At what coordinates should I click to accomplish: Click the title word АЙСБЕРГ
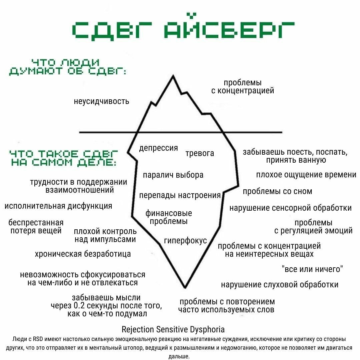230,30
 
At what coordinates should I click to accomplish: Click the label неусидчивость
101,101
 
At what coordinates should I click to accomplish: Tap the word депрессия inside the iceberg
158,148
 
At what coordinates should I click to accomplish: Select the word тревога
200,153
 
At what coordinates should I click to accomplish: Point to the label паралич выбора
173,175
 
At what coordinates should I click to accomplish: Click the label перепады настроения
180,195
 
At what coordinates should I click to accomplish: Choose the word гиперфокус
185,241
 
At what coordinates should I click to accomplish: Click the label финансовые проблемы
169,217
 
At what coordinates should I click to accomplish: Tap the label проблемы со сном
277,191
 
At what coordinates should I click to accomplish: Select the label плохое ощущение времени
306,175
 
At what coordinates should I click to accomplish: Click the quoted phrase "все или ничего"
312,269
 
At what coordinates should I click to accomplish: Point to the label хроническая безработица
83,254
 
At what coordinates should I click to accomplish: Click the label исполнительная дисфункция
58,206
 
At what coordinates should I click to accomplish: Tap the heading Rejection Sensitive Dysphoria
173,329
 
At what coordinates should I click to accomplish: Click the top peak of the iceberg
173,76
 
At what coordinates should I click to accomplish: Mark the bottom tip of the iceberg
184,287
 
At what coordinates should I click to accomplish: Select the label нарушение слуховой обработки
280,284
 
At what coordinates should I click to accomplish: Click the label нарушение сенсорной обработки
290,208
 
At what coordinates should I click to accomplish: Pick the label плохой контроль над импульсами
105,235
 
